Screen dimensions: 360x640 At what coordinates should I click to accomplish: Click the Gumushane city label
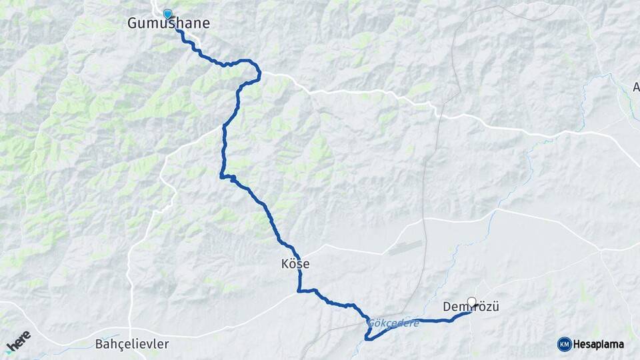168,23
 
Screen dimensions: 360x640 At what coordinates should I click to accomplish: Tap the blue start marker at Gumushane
167,13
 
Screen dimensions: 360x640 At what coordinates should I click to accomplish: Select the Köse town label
295,264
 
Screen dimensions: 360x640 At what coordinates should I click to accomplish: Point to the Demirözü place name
471,307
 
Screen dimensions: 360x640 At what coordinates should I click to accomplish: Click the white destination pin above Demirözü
472,302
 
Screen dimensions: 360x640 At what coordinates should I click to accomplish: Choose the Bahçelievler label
132,345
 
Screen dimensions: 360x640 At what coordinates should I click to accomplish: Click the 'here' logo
18,341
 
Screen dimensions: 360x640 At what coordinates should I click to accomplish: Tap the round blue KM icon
565,344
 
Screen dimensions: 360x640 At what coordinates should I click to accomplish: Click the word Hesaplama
599,345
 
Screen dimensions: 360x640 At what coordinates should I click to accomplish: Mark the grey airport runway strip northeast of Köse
405,248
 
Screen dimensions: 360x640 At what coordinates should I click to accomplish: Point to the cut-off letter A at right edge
635,87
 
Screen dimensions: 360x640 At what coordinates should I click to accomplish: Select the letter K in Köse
285,264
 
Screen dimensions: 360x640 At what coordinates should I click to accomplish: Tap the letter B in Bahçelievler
99,345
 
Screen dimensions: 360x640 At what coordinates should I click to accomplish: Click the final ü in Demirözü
495,307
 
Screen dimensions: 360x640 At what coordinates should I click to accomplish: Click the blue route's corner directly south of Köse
299,290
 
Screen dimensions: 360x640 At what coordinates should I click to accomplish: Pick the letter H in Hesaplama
578,345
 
